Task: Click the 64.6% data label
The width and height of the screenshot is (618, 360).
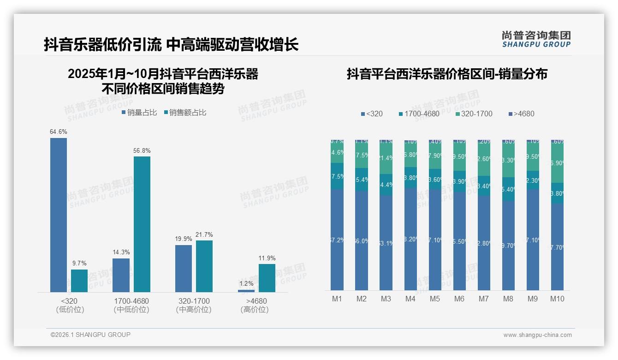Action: pos(59,132)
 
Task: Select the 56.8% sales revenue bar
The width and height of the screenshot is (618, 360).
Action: pos(142,224)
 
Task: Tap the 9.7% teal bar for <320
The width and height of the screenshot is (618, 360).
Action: pos(79,281)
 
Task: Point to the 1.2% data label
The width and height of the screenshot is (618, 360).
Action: pos(246,283)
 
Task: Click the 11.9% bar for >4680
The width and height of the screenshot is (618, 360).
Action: pos(267,278)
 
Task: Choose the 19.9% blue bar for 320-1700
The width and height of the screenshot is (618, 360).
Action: pos(184,268)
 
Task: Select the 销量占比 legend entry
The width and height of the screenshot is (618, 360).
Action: pos(139,112)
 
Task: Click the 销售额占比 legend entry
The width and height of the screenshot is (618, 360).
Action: pos(185,112)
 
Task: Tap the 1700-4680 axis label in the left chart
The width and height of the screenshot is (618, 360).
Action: pos(131,301)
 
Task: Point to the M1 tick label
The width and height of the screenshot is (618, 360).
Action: pos(337,299)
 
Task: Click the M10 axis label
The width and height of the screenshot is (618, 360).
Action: pos(557,299)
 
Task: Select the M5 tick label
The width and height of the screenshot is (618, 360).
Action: pos(435,299)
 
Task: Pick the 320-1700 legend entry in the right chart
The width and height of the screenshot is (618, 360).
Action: pos(474,114)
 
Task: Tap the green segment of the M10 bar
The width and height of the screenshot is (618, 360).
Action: pos(557,163)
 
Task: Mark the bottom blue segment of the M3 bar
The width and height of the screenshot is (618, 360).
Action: pos(386,243)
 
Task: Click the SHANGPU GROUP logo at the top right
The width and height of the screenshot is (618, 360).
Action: pos(536,39)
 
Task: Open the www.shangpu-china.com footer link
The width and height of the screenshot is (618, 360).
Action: pos(537,335)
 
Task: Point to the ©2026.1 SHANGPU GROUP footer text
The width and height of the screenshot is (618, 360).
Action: pos(90,335)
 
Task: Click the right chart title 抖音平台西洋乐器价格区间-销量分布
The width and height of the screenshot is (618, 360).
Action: pos(447,74)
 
